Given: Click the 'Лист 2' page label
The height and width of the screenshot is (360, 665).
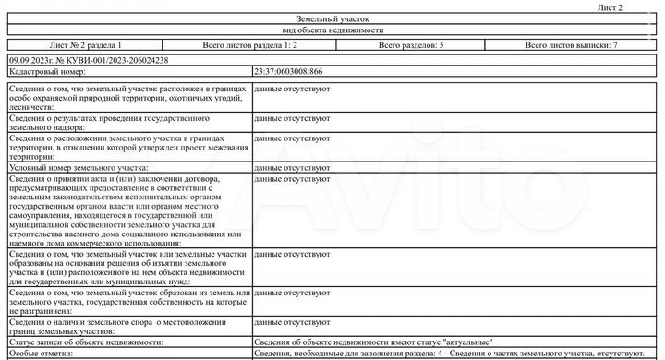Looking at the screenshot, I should (x=611, y=7).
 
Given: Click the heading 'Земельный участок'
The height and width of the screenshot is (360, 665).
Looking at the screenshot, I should (x=332, y=18).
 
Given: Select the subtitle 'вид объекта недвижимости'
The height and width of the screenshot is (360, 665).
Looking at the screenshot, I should (x=332, y=30).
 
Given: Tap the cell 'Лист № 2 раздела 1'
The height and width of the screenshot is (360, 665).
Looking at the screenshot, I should (x=85, y=44).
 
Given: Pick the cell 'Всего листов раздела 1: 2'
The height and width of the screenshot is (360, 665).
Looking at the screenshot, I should (x=249, y=44).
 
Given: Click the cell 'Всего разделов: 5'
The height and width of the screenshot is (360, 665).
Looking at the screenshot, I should (x=411, y=44).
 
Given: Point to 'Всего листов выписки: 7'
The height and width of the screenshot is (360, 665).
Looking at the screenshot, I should (x=571, y=44).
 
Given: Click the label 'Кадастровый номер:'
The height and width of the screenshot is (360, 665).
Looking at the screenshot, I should (x=47, y=71).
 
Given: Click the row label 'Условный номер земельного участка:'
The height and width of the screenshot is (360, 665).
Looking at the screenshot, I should (x=79, y=168).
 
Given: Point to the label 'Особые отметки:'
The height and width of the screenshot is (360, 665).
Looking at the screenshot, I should (x=38, y=354).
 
